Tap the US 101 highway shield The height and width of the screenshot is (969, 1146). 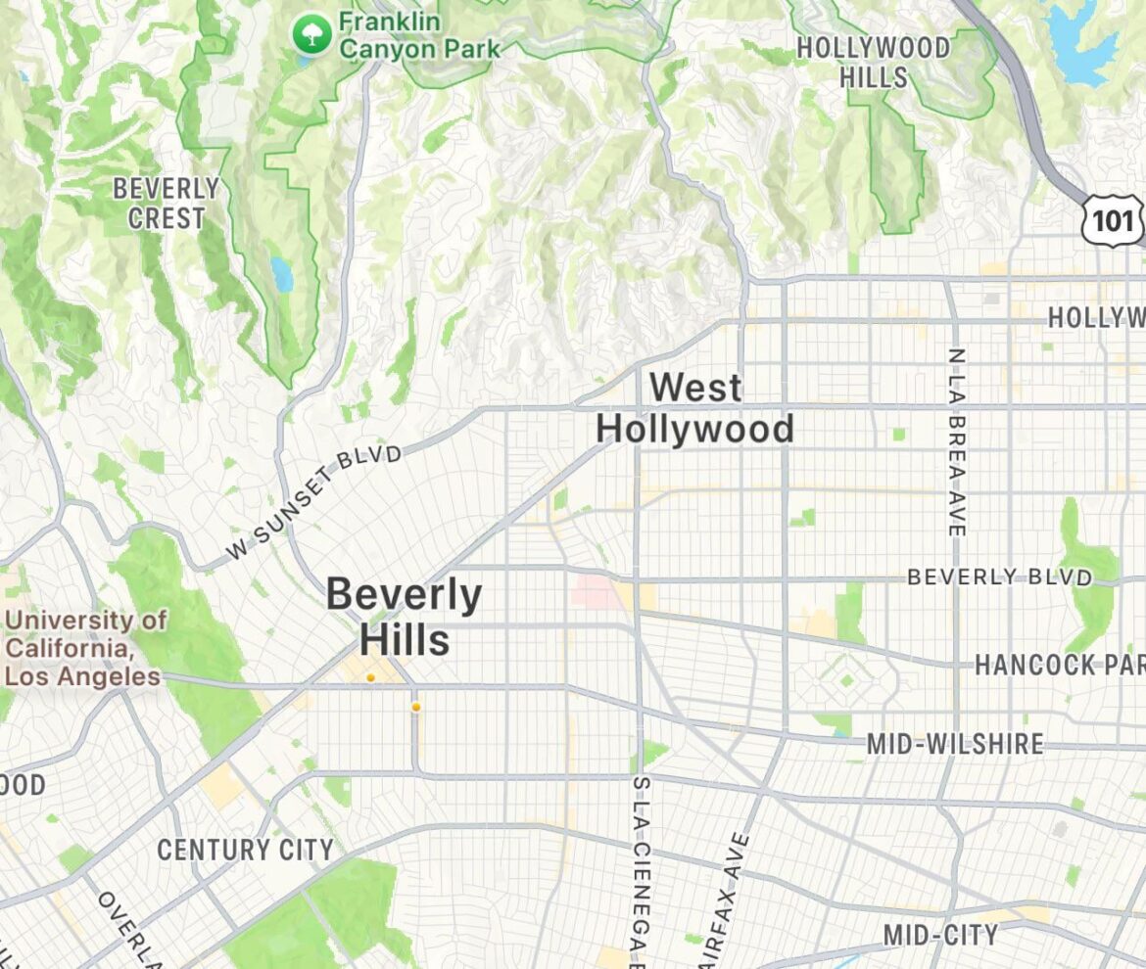(1113, 219)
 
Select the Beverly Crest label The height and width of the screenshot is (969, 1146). (167, 203)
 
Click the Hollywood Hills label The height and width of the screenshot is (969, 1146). (873, 61)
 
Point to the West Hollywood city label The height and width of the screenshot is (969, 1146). (694, 408)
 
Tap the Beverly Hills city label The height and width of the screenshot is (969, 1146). (404, 616)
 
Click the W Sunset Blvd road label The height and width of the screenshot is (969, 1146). (314, 502)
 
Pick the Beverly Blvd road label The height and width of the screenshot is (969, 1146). (999, 577)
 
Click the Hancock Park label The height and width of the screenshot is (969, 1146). (1058, 666)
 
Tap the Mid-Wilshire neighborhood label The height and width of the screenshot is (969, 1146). (955, 744)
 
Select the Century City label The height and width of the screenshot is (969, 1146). (245, 850)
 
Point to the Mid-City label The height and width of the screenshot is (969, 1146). (940, 935)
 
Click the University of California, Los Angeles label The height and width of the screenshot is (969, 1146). (83, 648)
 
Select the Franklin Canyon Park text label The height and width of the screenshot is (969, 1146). (419, 34)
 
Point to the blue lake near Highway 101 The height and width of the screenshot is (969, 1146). (1082, 44)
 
